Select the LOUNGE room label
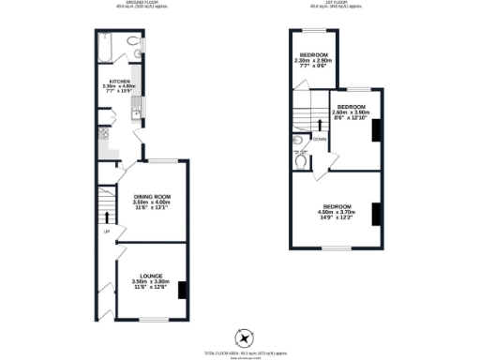point(151,277)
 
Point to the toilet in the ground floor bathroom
point(137,43)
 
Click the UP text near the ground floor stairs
point(106,231)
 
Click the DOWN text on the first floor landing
point(321,139)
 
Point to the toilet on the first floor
point(299,159)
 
